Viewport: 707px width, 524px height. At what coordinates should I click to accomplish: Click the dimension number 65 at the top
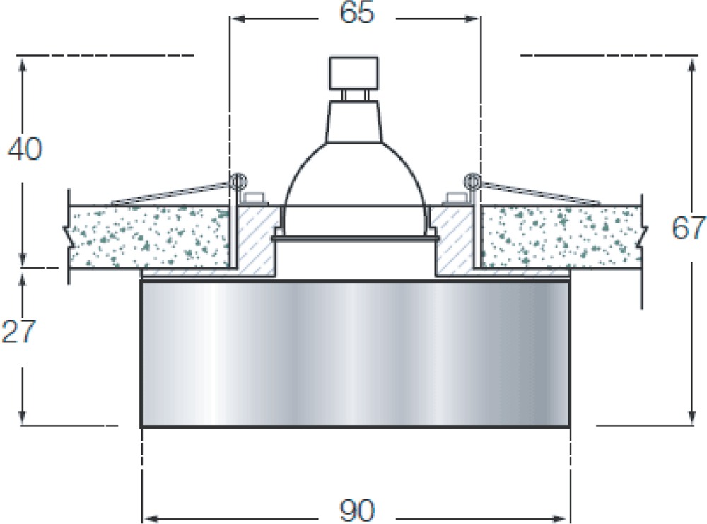356,13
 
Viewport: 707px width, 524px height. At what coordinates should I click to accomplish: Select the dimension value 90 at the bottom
356,511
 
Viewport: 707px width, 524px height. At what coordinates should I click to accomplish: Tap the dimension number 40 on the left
25,149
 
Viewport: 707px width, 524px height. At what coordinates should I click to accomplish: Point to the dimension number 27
18,332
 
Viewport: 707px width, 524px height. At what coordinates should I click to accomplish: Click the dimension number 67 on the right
689,228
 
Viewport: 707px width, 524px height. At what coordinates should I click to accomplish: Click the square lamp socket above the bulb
354,72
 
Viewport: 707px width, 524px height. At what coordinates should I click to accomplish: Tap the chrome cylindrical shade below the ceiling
356,354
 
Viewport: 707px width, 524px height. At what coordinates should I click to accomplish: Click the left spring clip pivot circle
238,182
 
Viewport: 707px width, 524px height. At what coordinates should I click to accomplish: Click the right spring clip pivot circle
472,182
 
